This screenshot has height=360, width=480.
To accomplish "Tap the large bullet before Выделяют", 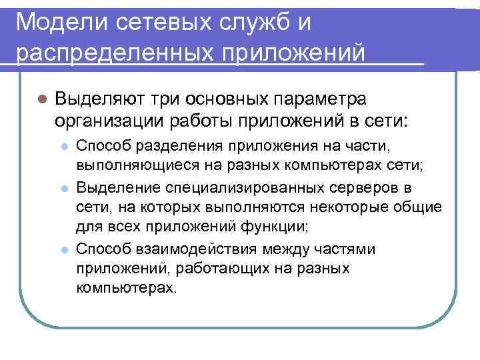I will pyautogui.click(x=41, y=99).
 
